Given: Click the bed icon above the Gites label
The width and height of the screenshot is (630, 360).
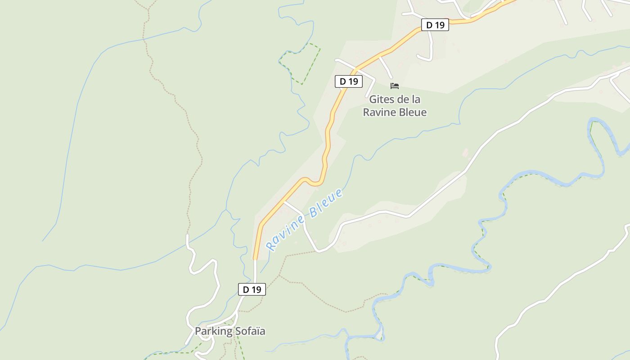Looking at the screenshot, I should tap(395, 85).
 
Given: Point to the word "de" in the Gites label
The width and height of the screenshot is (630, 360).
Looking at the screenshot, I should tap(404, 99).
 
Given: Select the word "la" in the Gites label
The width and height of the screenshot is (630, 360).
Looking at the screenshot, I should tap(416, 99).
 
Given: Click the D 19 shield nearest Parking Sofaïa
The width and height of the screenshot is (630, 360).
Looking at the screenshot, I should tap(252, 289).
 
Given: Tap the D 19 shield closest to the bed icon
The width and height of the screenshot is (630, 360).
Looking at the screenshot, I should tap(349, 81).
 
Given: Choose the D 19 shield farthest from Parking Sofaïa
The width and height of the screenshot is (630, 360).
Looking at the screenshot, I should tap(435, 25).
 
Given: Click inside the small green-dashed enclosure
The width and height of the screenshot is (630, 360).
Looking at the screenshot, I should tap(301, 63).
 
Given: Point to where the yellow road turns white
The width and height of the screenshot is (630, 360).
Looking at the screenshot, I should tap(255, 260).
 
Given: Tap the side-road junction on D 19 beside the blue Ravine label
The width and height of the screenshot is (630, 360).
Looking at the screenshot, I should tap(284, 202).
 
